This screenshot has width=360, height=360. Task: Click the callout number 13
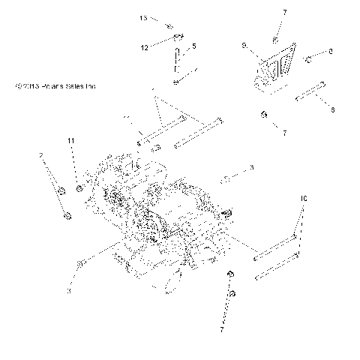[x=143, y=16]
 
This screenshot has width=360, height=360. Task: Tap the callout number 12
[x=144, y=46]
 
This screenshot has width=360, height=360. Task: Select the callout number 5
[x=194, y=46]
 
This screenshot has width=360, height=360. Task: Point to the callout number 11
[x=72, y=141]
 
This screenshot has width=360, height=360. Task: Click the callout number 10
[x=303, y=199]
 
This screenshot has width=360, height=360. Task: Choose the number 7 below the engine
[x=222, y=328]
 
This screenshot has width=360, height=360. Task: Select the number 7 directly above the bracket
[x=274, y=13]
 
